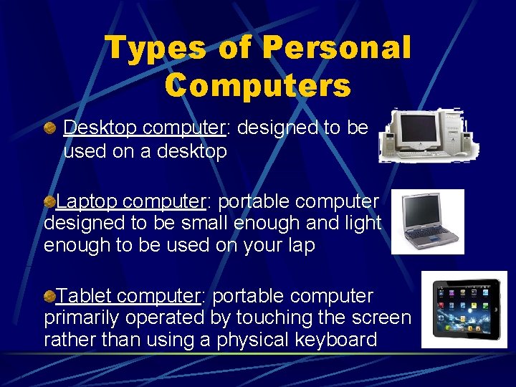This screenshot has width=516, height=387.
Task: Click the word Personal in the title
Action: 336,49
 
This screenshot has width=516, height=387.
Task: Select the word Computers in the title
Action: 257,85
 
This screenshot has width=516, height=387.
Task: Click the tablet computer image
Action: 464,310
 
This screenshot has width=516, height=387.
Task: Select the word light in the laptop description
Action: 362,223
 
